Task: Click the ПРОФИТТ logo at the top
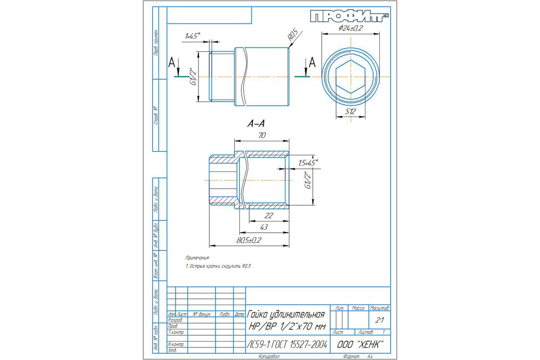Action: coord(349,17)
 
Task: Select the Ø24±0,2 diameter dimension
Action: coord(351,28)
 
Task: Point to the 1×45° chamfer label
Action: coord(192,36)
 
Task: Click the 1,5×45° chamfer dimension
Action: coord(307,162)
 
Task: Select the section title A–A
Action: coord(255,125)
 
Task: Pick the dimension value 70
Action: coord(261,135)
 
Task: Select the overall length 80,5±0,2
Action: coord(249,240)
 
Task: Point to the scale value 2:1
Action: coord(378,320)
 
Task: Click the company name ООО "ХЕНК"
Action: coord(360,345)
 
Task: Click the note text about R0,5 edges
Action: coord(218,266)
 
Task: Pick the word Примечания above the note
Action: coord(198,258)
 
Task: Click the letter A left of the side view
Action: coord(171,63)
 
